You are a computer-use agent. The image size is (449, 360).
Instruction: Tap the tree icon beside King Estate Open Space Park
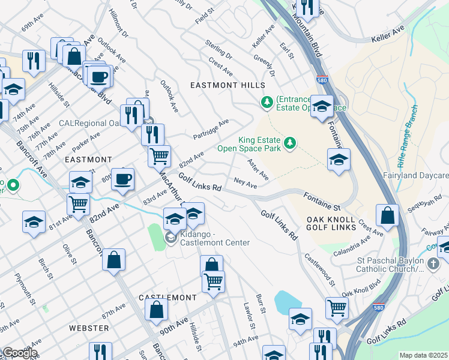coord(290,142)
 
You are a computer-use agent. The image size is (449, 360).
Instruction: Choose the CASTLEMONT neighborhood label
coord(167,298)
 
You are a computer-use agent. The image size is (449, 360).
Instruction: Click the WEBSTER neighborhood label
coord(89,328)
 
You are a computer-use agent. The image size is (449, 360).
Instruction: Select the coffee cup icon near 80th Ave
coord(122,179)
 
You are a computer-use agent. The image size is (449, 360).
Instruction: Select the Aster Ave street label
coord(258,169)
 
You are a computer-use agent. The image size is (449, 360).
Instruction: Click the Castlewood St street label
coord(319,269)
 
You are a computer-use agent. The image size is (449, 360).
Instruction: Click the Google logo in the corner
coord(19,353)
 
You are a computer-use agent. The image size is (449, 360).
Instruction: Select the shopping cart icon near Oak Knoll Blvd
coord(337,308)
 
